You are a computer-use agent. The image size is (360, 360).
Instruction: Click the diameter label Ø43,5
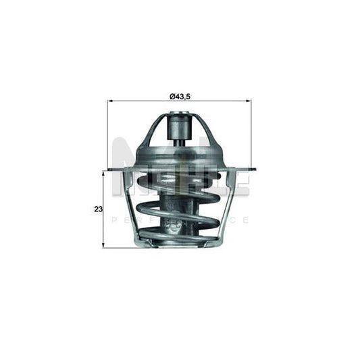pos(178,97)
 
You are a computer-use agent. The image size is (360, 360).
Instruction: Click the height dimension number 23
pos(98,209)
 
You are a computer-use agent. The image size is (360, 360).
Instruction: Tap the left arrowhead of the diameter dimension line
pos(110,101)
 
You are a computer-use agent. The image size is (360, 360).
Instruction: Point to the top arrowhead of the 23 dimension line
pos(103,173)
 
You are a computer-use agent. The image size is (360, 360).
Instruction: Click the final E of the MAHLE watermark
pos(240,182)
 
